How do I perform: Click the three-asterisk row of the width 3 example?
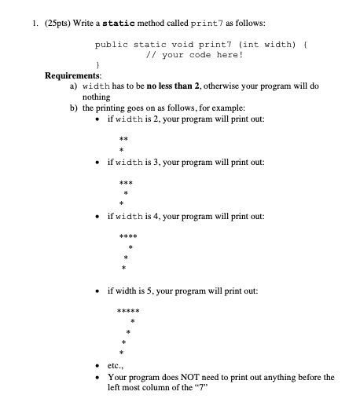click(124, 181)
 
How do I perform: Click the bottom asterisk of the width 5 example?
click(119, 351)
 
